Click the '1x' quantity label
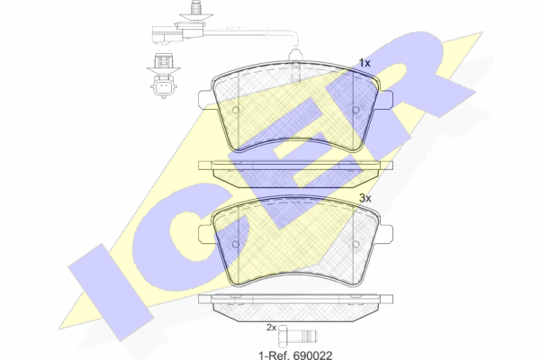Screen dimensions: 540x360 tap(364, 63)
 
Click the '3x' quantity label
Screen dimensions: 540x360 tap(365, 198)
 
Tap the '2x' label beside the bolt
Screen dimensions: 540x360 tap(272, 328)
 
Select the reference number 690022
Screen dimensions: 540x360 tap(313, 355)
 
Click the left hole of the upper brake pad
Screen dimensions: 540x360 tap(236, 110)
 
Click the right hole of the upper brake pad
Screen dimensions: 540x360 tap(356, 110)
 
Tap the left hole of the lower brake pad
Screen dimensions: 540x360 tap(236, 244)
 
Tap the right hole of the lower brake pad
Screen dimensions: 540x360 tap(356, 244)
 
